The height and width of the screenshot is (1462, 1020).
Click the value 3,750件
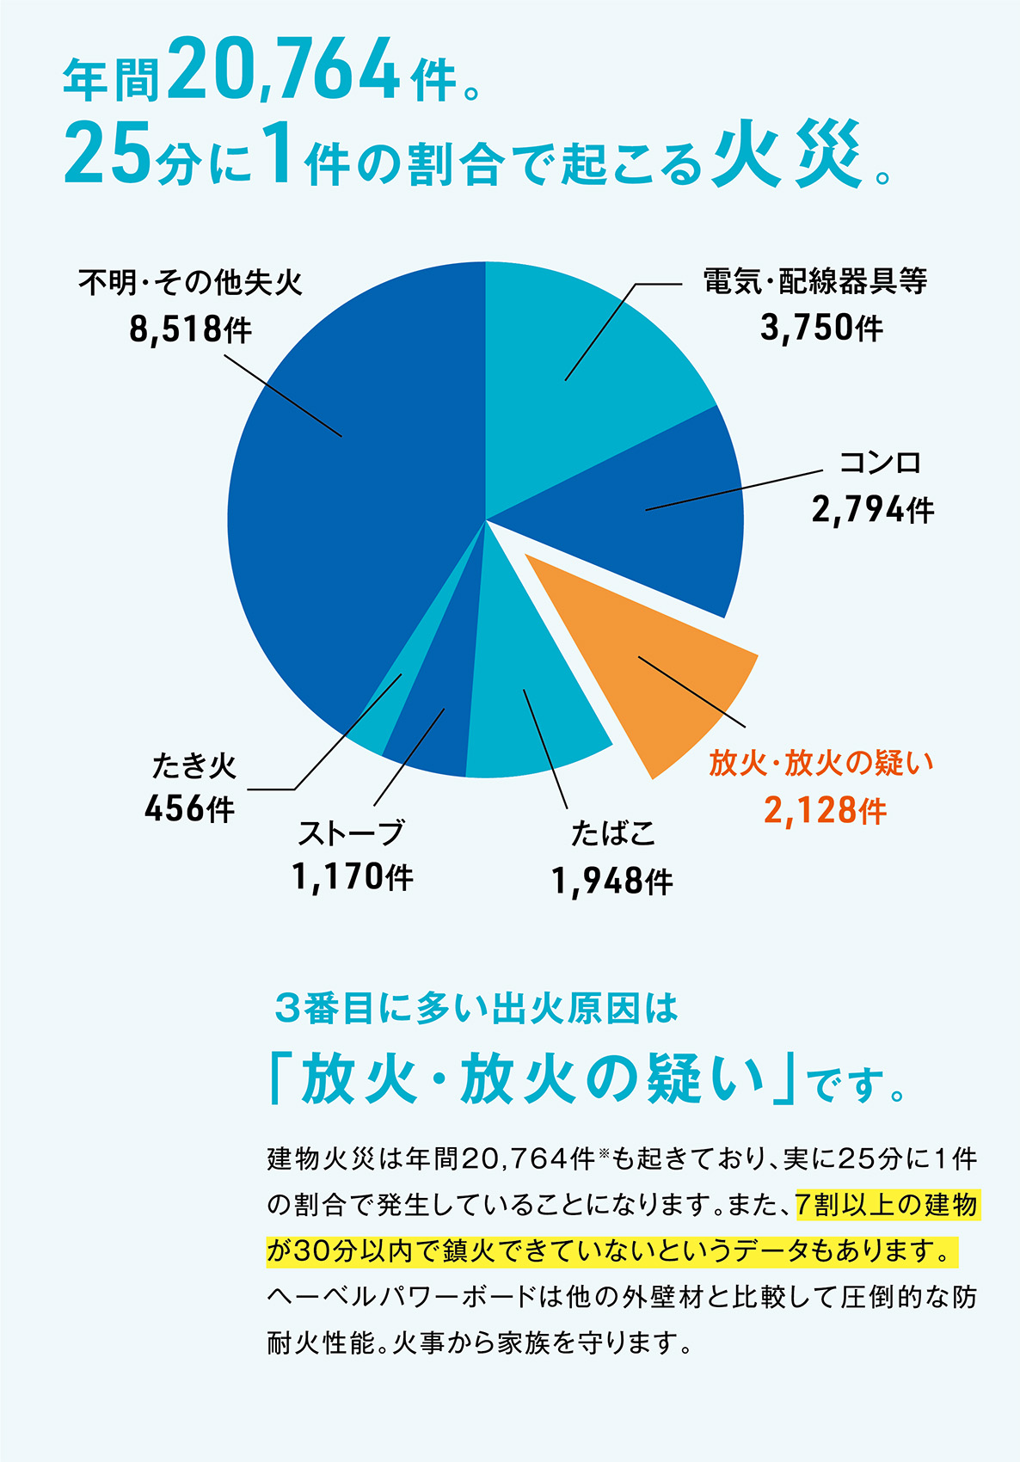pos(821,328)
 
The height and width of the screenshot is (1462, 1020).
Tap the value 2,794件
pos(872,510)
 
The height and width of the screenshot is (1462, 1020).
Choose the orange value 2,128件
pos(825,810)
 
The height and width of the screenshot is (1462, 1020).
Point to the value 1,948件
pos(611,881)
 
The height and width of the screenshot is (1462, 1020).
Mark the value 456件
pos(189,808)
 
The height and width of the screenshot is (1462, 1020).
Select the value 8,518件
pos(190,329)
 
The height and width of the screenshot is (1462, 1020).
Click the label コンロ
pos(880,463)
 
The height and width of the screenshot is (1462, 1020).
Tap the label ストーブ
pos(351,832)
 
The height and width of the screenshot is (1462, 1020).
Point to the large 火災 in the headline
pos(787,155)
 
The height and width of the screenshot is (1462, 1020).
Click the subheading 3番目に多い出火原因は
pos(476,1008)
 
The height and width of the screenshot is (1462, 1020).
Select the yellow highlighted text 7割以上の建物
pos(887,1205)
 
